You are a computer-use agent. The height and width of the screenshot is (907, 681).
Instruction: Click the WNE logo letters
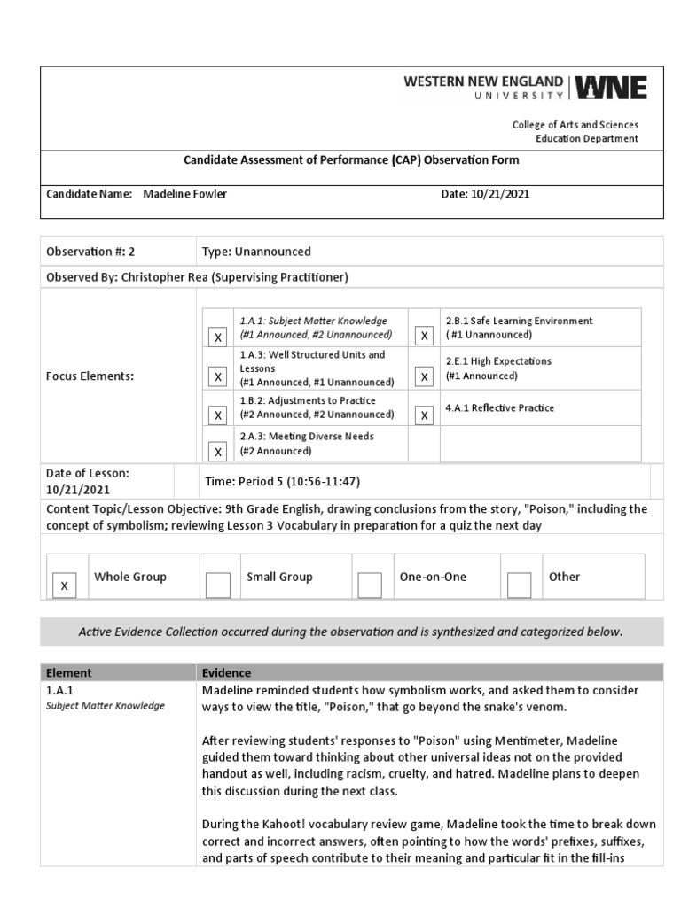pyautogui.click(x=611, y=88)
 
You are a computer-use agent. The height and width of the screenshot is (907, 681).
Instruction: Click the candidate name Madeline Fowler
pyautogui.click(x=184, y=194)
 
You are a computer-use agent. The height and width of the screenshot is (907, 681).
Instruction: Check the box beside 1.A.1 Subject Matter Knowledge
pyautogui.click(x=216, y=337)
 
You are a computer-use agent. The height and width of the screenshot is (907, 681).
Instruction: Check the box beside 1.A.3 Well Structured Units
pyautogui.click(x=216, y=377)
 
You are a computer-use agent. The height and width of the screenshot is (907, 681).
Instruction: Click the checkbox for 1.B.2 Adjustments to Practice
pyautogui.click(x=216, y=415)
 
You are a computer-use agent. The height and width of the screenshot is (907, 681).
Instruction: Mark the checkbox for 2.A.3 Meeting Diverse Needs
pyautogui.click(x=216, y=451)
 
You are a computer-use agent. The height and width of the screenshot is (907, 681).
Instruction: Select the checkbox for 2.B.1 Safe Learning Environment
pyautogui.click(x=425, y=336)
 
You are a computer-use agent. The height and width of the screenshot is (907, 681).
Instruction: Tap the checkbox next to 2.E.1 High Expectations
pyautogui.click(x=425, y=377)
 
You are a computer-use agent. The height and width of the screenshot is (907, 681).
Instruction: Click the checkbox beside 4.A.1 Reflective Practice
pyautogui.click(x=425, y=415)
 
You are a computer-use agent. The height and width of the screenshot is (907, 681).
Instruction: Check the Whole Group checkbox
pyautogui.click(x=64, y=585)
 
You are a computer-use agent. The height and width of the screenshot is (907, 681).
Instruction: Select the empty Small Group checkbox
pyautogui.click(x=217, y=585)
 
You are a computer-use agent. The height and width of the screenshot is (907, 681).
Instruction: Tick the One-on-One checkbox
pyautogui.click(x=370, y=585)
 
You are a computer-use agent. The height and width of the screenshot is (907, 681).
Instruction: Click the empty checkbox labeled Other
pyautogui.click(x=520, y=585)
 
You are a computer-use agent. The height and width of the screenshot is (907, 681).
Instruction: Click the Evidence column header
pyautogui.click(x=226, y=672)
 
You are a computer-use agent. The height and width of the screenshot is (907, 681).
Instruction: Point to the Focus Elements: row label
pyautogui.click(x=90, y=376)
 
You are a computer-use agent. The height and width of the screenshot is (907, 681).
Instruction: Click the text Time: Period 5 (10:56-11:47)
pyautogui.click(x=281, y=481)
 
